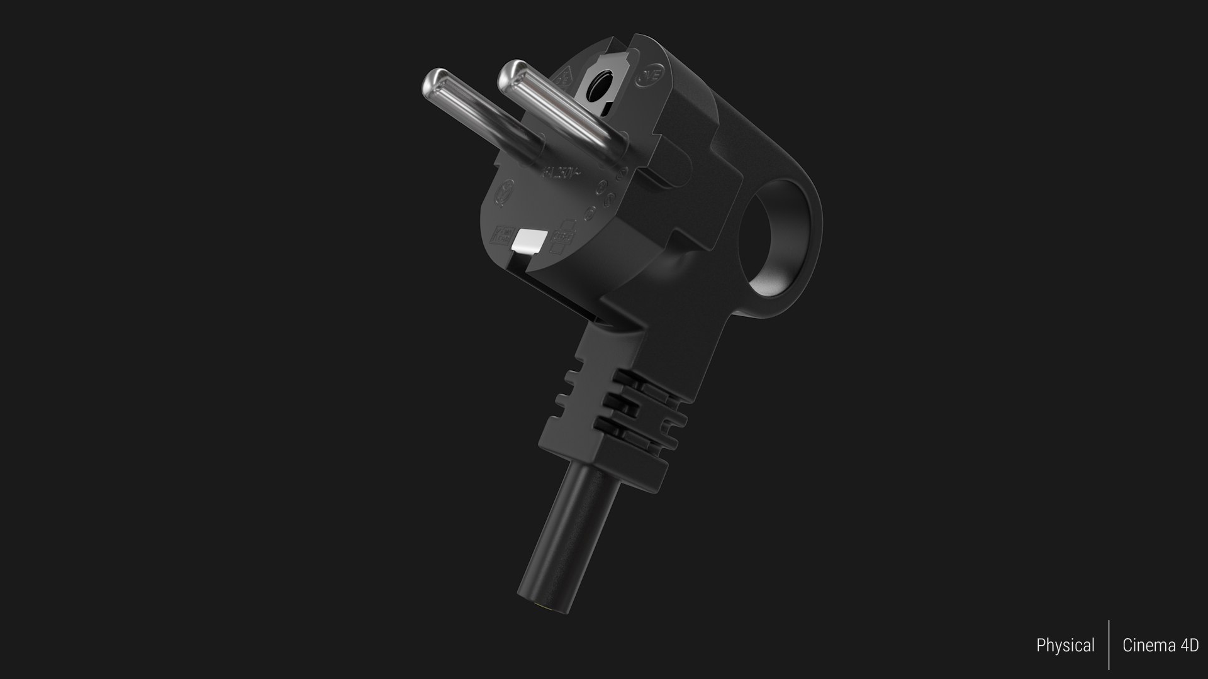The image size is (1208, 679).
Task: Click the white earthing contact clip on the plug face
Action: coord(529,240)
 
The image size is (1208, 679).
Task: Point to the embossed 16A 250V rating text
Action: coord(560,171)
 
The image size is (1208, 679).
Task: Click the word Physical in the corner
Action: coord(1065,646)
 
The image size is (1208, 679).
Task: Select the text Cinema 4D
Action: coord(1160,646)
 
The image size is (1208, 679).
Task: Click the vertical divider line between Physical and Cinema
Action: coord(1109,644)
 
